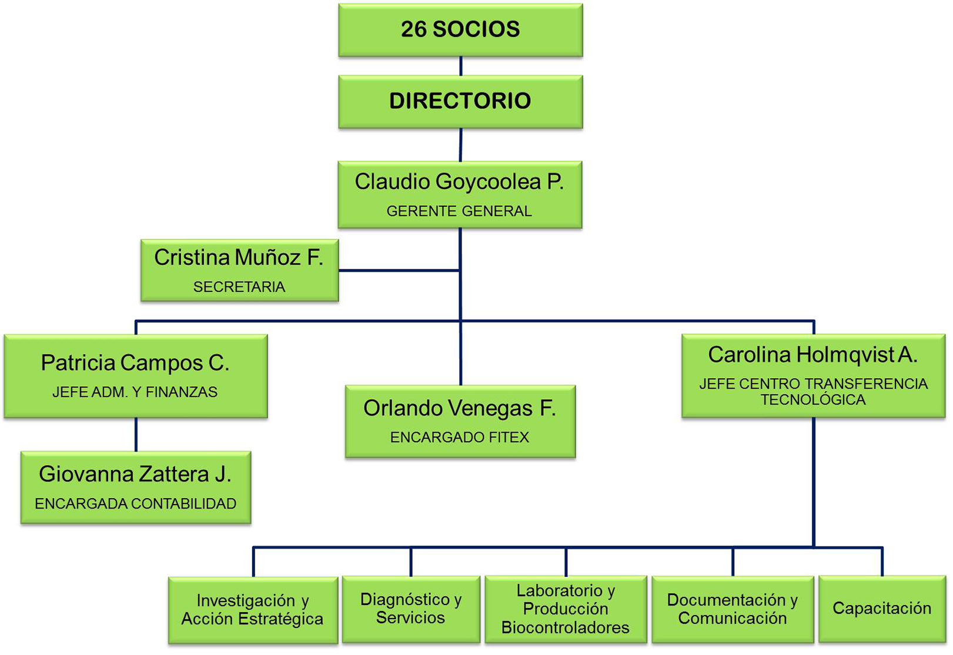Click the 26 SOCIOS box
click(x=460, y=30)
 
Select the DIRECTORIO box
click(x=460, y=102)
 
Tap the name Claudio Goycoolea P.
click(x=459, y=182)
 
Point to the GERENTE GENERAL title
click(x=459, y=211)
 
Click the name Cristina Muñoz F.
click(x=239, y=258)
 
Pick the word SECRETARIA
click(x=239, y=287)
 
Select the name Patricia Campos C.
click(x=135, y=363)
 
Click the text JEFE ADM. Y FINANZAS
click(x=135, y=392)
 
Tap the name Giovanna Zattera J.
click(x=135, y=474)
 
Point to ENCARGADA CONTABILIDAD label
click(x=136, y=503)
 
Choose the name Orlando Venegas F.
click(x=460, y=408)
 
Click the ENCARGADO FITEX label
click(x=460, y=437)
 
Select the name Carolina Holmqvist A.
click(x=812, y=355)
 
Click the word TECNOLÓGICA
click(x=813, y=400)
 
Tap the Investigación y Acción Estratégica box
click(x=253, y=610)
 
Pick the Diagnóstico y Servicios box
click(x=411, y=610)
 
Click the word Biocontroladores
click(x=566, y=628)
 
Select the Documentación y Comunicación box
click(x=733, y=610)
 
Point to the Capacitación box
click(x=882, y=609)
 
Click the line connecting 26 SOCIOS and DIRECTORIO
click(x=461, y=66)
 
